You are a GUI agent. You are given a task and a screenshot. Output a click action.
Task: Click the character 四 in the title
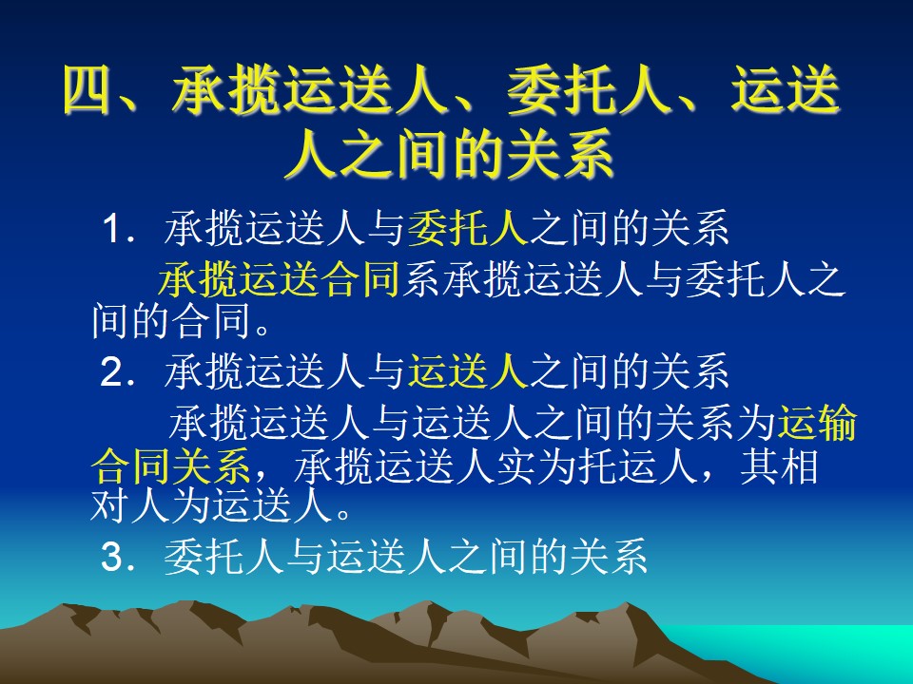tap(87, 90)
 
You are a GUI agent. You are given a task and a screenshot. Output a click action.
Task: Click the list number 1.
tap(113, 228)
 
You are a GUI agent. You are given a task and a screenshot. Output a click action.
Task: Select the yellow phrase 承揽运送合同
tap(279, 279)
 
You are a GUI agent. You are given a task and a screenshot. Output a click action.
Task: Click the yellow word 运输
tap(818, 422)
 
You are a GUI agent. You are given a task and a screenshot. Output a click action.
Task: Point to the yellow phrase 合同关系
tap(171, 465)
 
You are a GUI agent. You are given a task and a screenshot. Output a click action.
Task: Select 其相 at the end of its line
tap(779, 465)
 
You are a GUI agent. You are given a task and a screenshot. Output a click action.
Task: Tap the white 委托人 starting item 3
tap(224, 556)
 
